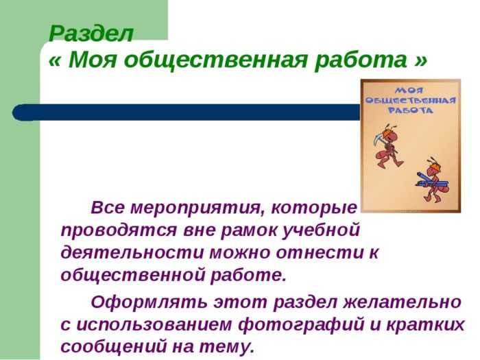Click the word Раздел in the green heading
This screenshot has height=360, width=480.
91,34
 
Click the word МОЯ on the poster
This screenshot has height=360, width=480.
410,91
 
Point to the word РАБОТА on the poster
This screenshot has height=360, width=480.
411,110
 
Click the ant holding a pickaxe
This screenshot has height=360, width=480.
388,145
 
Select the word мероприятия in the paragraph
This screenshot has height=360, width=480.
196,208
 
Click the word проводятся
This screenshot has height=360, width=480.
119,231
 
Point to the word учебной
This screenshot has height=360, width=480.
320,230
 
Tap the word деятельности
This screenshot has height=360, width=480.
132,253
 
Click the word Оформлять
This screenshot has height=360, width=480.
148,302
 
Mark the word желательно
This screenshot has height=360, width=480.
402,302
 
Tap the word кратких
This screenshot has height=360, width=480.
426,325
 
